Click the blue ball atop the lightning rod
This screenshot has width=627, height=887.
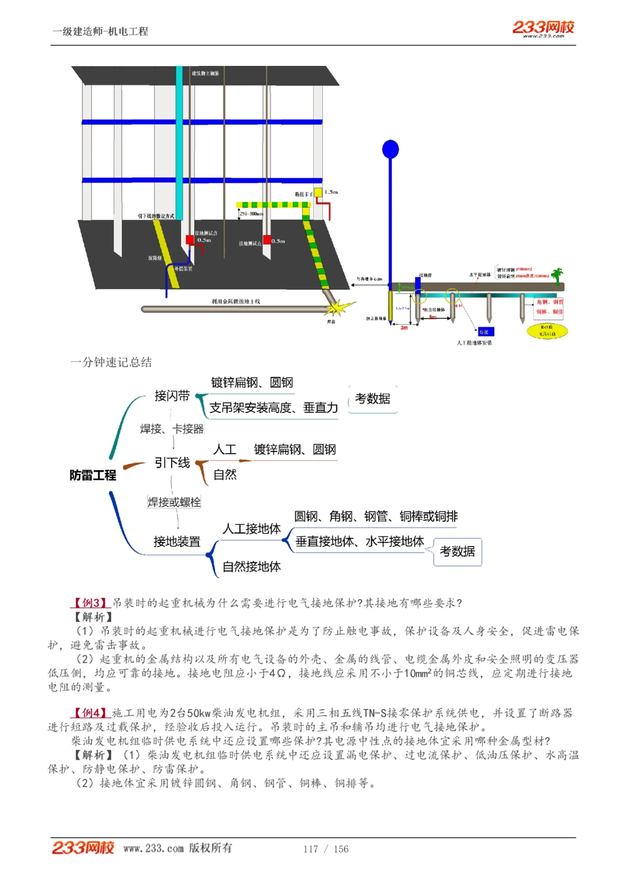tap(391, 149)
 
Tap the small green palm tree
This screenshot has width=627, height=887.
tap(557, 275)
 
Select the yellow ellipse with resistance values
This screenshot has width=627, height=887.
tap(546, 330)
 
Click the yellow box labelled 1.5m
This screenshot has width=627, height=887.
tap(319, 192)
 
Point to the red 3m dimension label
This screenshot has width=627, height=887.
tap(404, 327)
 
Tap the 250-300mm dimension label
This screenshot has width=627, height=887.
tap(251, 214)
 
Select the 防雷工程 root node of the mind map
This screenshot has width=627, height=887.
tap(93, 475)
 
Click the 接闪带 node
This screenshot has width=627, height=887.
tap(172, 396)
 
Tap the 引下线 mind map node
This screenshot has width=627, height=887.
tap(172, 463)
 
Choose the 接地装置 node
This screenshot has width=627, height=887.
tap(177, 542)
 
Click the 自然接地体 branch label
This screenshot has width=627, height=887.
tap(251, 567)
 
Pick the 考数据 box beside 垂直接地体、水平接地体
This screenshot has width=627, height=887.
tap(457, 552)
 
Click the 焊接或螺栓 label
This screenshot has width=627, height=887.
tap(174, 502)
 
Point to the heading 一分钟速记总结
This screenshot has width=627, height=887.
tap(111, 362)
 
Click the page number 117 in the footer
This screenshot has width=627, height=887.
tap(310, 849)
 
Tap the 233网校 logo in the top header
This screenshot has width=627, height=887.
tap(543, 27)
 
